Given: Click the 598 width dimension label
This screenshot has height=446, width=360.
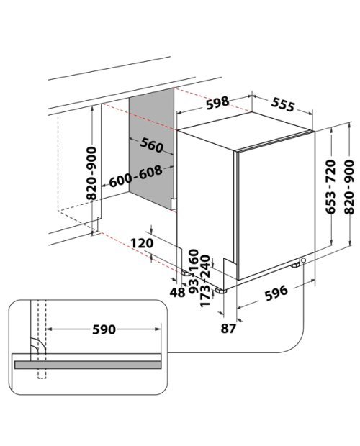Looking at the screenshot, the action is click(217, 103).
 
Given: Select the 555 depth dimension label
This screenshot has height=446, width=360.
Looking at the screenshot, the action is click(283, 104).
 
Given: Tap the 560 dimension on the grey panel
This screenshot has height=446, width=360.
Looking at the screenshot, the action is click(152, 145).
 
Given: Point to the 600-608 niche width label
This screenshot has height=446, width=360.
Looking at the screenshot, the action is click(135, 176).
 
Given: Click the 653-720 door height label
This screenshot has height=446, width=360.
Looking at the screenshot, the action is click(330, 186).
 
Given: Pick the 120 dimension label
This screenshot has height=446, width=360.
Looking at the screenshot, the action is click(142, 243).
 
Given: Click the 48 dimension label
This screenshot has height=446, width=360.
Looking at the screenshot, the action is click(177, 292).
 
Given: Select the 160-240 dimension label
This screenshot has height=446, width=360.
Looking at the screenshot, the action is click(199, 263).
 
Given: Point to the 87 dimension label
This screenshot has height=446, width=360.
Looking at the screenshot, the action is click(228, 329).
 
